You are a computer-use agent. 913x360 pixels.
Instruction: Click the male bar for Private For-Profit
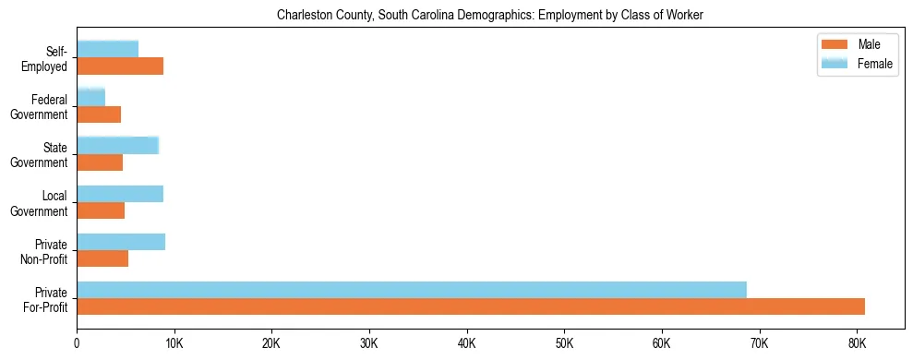click(x=471, y=306)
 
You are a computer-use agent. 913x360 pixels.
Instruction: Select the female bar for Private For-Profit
click(x=412, y=290)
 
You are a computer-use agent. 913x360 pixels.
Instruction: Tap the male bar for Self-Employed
click(x=120, y=66)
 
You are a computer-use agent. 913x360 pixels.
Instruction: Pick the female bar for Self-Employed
click(x=108, y=49)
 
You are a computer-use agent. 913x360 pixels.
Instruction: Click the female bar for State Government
click(x=118, y=145)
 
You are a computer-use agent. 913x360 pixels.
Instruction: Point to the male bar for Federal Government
click(x=99, y=114)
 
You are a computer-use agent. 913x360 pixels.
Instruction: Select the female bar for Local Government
click(x=120, y=194)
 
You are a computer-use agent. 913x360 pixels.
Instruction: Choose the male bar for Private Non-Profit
click(x=102, y=258)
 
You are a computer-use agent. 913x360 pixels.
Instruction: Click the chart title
click(x=490, y=15)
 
